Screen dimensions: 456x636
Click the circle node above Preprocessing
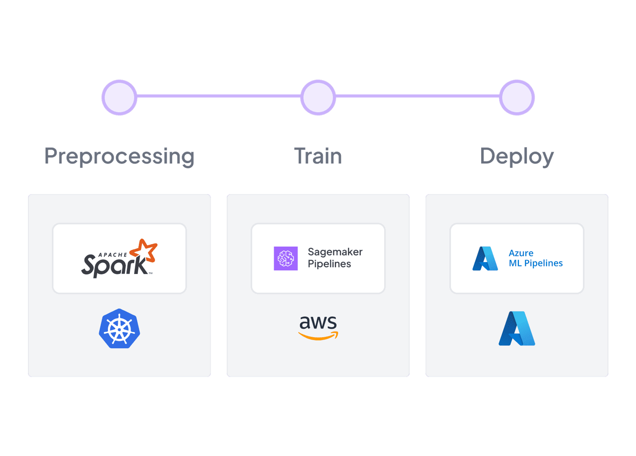click(119, 97)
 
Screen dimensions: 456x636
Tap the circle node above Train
click(318, 97)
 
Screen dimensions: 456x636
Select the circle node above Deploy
click(517, 97)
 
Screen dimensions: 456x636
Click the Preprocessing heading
click(120, 157)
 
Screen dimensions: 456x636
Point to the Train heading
click(318, 156)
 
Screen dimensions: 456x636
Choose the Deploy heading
click(517, 157)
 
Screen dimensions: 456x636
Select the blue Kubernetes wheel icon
click(120, 328)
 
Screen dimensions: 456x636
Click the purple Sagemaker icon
click(286, 258)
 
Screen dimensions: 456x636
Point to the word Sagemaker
click(335, 252)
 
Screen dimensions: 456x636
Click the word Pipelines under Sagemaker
click(329, 264)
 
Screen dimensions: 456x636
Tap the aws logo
click(318, 327)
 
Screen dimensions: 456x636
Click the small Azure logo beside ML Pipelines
click(485, 258)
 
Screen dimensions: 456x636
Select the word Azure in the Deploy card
click(521, 253)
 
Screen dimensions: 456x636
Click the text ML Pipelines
click(536, 263)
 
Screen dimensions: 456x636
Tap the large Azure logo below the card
click(517, 328)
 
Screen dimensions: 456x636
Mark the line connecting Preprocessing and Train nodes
click(218, 96)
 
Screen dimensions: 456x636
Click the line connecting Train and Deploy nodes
click(417, 96)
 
